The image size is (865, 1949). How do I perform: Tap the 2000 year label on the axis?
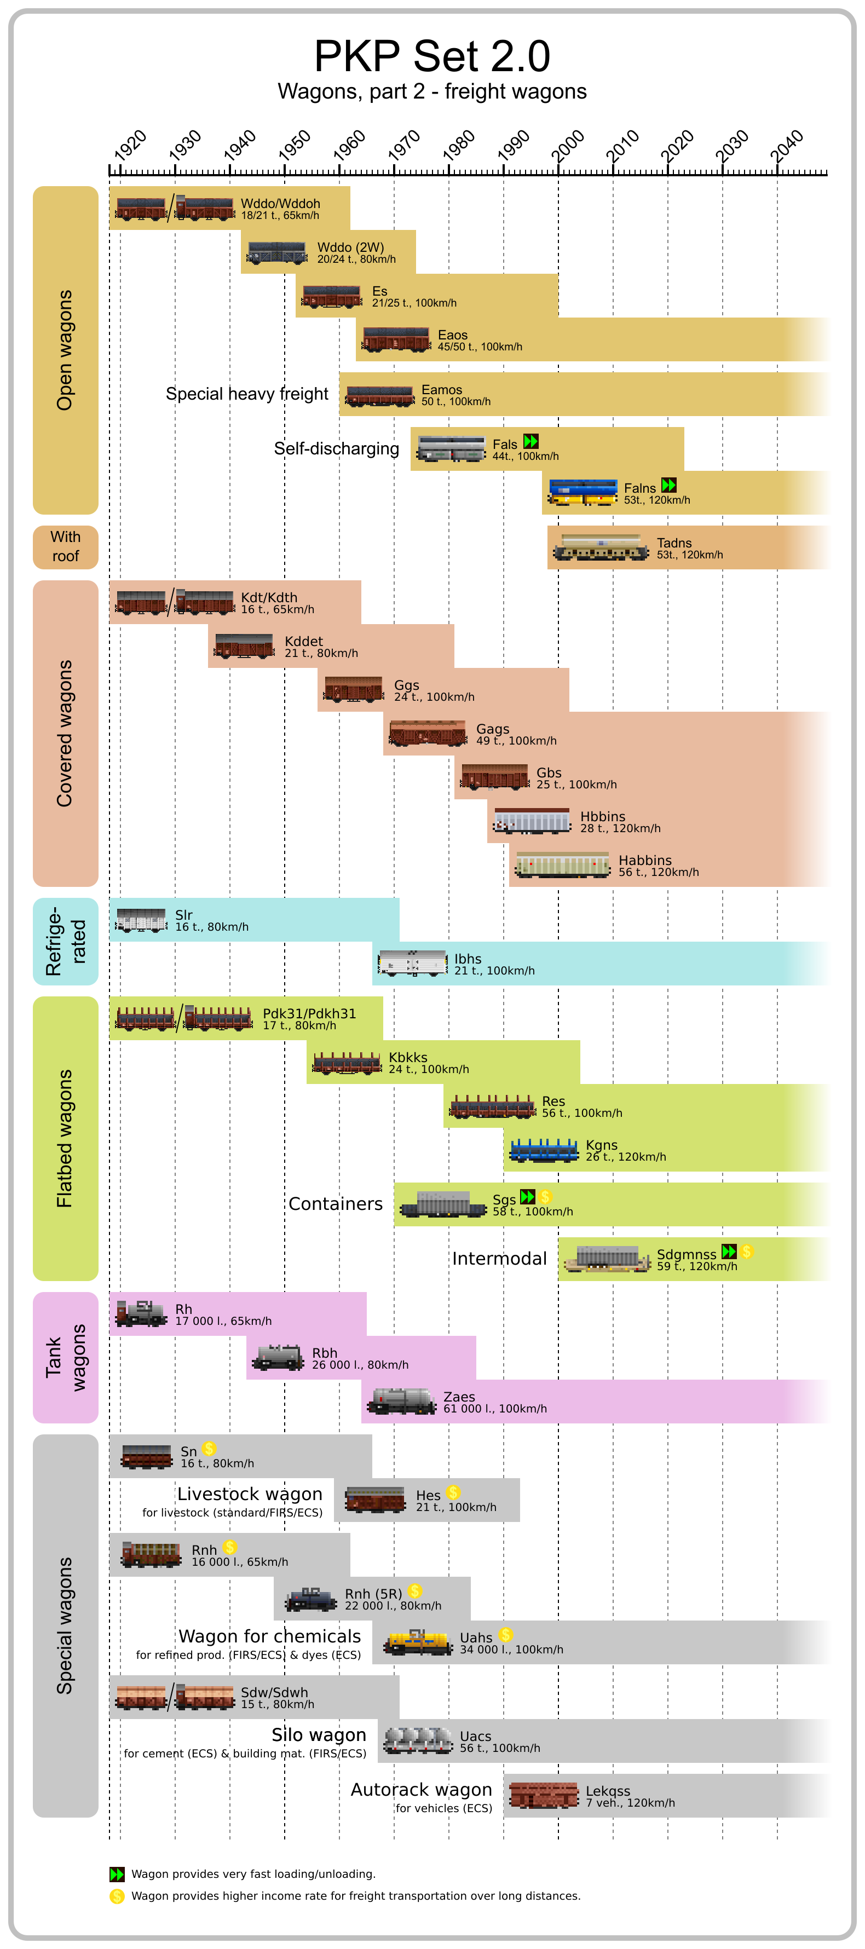pos(568,144)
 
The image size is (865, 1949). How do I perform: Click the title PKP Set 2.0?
pos(432,56)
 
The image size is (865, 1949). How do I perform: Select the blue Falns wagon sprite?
pos(582,492)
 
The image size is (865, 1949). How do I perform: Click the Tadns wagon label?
pos(673,543)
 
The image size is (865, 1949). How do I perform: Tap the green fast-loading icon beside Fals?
pos(531,441)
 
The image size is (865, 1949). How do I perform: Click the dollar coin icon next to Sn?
pos(210,1448)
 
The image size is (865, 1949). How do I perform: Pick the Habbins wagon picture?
pos(562,864)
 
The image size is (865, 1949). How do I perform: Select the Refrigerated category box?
pos(65,941)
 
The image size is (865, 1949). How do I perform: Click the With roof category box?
pos(65,546)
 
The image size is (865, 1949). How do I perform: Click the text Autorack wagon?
pos(421,1789)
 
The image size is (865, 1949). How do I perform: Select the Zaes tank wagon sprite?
pos(401,1400)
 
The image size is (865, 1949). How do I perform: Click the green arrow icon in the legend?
pos(117,1873)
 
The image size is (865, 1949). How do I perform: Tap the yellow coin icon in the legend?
pos(117,1895)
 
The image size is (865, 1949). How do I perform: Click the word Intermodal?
pos(499,1258)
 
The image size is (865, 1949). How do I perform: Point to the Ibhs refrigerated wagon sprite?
pos(412,962)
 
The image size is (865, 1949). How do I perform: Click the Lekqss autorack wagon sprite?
pos(544,1795)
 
